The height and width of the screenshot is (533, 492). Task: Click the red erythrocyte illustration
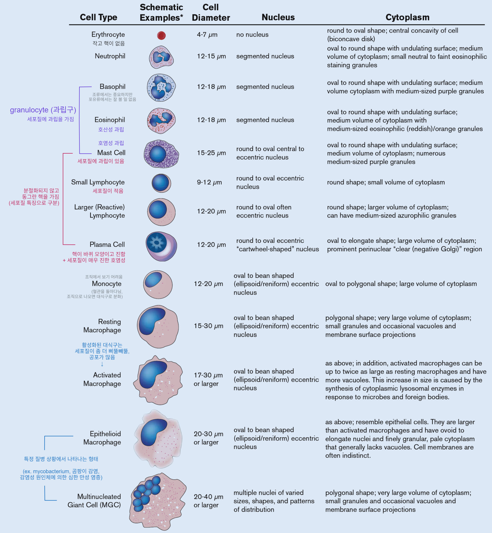[161, 35]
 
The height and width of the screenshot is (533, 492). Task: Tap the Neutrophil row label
[110, 56]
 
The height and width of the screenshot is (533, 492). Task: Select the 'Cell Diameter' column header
[211, 12]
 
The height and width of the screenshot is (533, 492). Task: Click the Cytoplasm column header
[407, 17]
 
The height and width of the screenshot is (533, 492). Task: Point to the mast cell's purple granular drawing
[161, 154]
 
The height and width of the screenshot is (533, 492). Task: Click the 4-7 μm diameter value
[207, 35]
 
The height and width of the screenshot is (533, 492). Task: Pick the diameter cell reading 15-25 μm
[211, 153]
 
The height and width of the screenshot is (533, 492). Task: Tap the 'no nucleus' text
[252, 35]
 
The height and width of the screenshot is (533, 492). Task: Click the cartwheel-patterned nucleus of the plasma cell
[157, 242]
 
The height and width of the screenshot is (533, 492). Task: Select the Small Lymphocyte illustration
[161, 183]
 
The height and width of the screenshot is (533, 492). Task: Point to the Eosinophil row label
[109, 120]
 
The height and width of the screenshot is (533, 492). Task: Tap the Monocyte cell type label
[107, 284]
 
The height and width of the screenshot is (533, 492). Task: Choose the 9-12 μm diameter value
[209, 182]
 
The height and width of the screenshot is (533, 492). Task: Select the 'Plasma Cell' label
[107, 244]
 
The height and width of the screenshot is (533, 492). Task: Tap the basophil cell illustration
[161, 88]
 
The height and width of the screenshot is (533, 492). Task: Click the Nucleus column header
[278, 17]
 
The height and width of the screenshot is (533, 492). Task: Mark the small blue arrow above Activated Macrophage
[102, 364]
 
